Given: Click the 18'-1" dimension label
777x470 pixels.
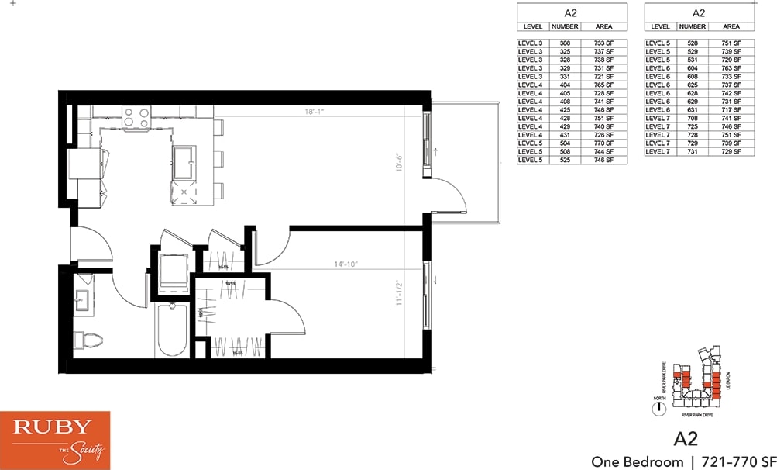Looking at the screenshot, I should click(x=313, y=112).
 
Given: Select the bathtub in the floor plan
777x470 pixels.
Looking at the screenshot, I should click(x=171, y=330).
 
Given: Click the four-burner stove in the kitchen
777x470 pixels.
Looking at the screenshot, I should click(x=136, y=117).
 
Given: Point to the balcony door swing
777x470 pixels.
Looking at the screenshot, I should click(x=450, y=195).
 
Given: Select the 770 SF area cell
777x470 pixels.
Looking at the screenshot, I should click(x=603, y=143).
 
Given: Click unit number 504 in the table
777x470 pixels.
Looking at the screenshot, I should click(x=565, y=143).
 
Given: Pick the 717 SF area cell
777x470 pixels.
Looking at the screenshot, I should click(x=731, y=110).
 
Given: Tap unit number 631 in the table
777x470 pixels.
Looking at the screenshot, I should click(x=693, y=110).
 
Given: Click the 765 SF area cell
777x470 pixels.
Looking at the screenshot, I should click(x=603, y=85).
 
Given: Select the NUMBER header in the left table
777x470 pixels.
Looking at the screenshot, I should click(x=565, y=26).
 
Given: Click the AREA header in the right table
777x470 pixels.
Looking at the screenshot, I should click(x=731, y=26).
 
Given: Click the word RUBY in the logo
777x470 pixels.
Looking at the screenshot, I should click(x=53, y=427).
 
